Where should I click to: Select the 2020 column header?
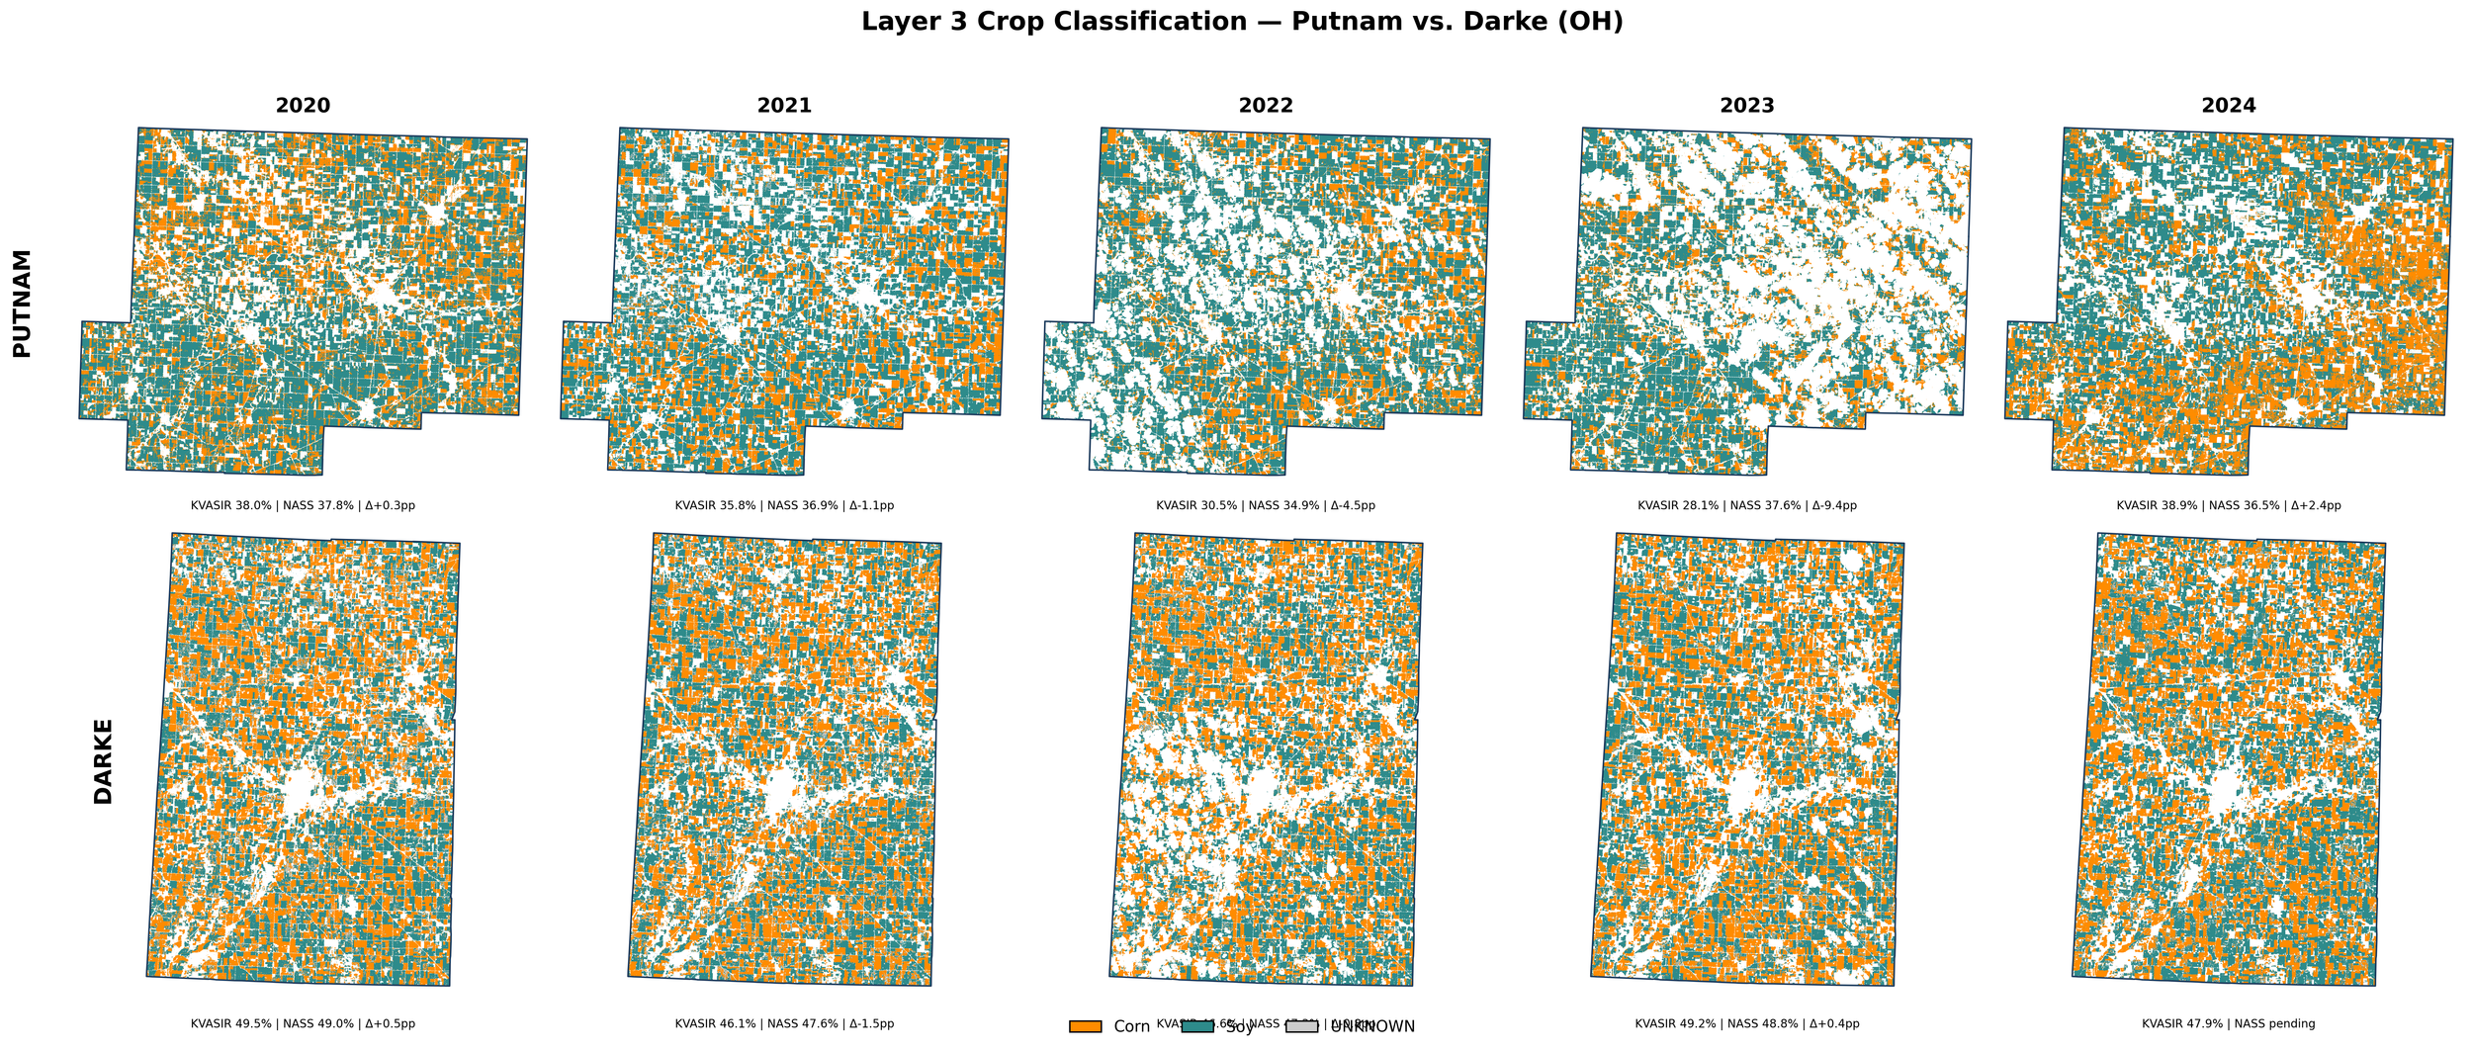(x=303, y=106)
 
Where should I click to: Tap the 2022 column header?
(x=1266, y=106)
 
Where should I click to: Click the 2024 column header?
(x=2229, y=106)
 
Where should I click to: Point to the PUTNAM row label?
(x=22, y=303)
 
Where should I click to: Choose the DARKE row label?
(x=103, y=761)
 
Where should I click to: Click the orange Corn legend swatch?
(x=1085, y=1027)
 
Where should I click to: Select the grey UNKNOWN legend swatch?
(x=1302, y=1027)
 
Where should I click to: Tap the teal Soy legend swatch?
(x=1196, y=1027)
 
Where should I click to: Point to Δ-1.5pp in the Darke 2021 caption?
(x=867, y=1024)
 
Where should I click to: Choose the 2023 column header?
(x=1747, y=106)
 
